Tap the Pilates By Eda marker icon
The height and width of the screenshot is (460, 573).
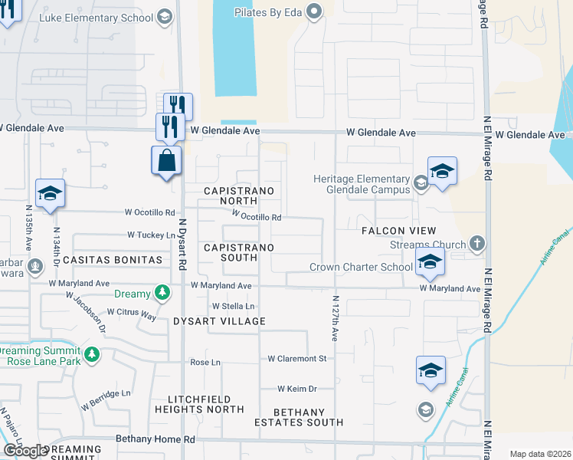313,11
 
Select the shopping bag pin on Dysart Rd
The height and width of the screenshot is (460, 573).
167,162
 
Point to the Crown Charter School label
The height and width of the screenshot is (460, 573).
361,267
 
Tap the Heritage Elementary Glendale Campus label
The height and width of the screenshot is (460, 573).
361,184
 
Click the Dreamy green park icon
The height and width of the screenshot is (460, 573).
162,292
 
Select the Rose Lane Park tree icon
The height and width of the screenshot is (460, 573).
92,354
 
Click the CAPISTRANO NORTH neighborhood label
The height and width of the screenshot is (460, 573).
237,195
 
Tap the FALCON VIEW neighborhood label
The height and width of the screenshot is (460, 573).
398,231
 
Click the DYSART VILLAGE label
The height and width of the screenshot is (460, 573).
219,321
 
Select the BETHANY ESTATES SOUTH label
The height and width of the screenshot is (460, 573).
299,417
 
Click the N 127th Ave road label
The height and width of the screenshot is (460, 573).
335,318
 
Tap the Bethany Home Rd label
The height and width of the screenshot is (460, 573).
156,439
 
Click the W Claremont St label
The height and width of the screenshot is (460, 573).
297,359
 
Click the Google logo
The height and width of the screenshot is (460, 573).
25,450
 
